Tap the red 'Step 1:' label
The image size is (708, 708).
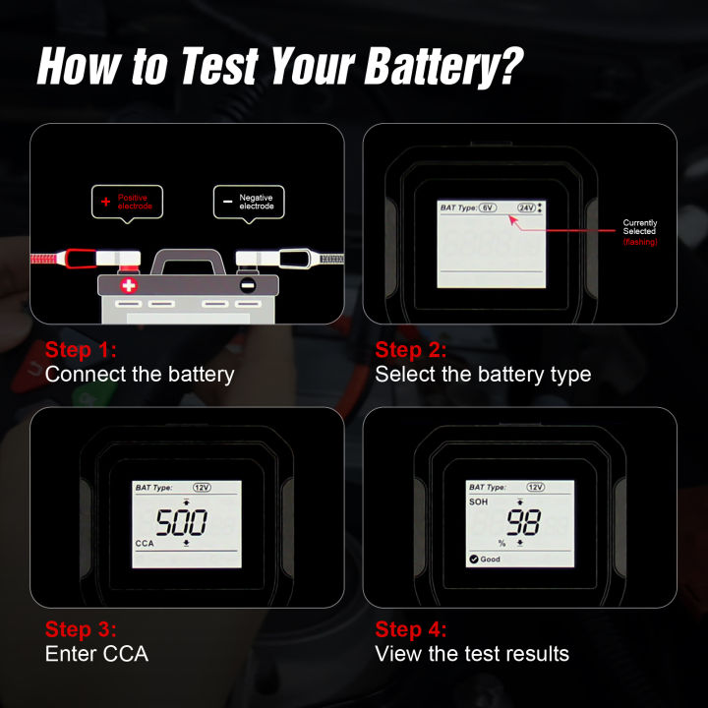[82, 350]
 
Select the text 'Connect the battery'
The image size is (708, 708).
[140, 375]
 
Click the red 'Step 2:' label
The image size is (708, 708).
[411, 350]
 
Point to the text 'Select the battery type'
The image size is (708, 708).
[483, 375]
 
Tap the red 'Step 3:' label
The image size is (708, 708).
[82, 629]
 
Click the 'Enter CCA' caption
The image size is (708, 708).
[96, 654]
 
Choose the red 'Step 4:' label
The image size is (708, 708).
[411, 629]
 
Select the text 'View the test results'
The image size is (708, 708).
[472, 654]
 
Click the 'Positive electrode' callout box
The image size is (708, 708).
[127, 202]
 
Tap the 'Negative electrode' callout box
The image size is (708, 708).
[249, 202]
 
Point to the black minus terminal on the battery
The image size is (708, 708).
[248, 286]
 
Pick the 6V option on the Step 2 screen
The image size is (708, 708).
[489, 207]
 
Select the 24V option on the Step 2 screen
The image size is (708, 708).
[525, 207]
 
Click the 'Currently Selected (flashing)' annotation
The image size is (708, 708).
[640, 232]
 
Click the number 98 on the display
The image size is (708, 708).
[523, 522]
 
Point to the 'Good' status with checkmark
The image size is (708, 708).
[485, 560]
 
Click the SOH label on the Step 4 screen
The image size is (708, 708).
[479, 501]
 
